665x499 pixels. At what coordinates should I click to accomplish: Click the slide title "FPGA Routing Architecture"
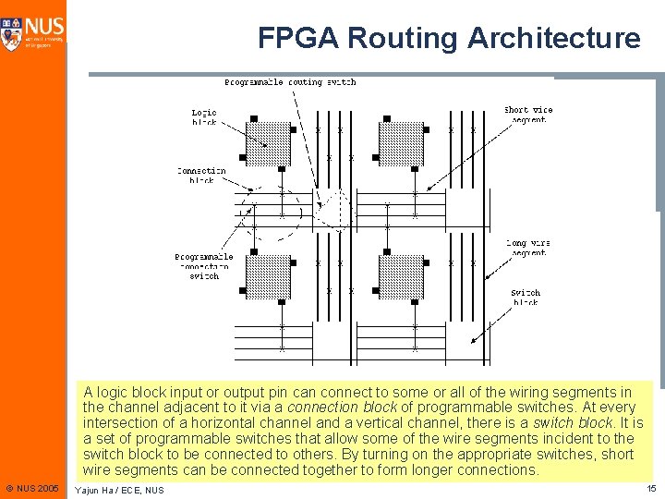coord(449,38)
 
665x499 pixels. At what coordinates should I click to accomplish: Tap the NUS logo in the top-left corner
coord(33,32)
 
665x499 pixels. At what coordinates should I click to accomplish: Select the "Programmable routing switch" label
coord(290,82)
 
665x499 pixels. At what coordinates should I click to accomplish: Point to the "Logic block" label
coord(204,116)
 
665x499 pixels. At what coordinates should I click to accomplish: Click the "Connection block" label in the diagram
coord(201,176)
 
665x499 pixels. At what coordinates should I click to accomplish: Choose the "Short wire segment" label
coord(528,115)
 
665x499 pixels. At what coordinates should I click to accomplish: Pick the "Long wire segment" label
coord(528,248)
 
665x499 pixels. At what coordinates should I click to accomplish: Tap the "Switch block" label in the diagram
coord(526,298)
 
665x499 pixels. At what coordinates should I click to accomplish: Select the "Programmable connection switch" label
coord(204,266)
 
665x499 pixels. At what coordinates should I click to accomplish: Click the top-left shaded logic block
coord(268,143)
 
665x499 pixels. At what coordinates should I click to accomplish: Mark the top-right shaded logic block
coord(401,143)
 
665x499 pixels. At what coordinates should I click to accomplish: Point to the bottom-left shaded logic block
coord(268,276)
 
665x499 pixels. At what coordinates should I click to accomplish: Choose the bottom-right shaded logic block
coord(401,276)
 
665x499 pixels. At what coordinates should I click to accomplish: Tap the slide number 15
coord(651,488)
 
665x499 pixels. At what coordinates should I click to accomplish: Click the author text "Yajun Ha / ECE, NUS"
coord(119,490)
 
